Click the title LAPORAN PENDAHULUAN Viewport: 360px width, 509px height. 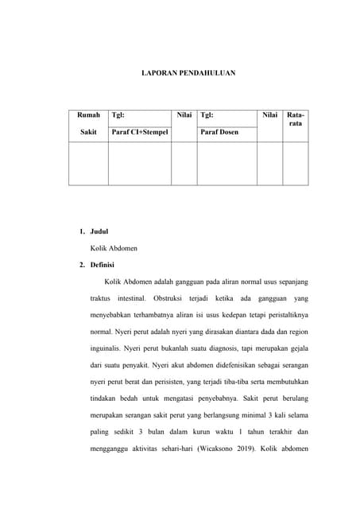[x=188, y=72]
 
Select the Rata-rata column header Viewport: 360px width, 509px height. [x=295, y=120]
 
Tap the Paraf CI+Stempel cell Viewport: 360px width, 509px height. [x=140, y=132]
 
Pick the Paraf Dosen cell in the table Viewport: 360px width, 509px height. [x=220, y=132]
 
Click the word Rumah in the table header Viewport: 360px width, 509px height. [x=87, y=115]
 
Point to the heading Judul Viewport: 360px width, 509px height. [x=99, y=231]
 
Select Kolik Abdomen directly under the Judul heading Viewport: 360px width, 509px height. [x=114, y=248]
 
